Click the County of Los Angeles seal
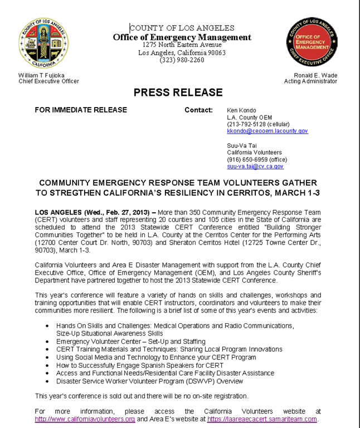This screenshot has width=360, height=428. click(43, 43)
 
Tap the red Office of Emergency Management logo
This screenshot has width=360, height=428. click(312, 42)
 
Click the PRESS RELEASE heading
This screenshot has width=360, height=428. click(178, 93)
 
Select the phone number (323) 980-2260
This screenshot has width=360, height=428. click(182, 60)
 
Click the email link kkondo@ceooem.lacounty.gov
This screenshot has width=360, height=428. click(267, 131)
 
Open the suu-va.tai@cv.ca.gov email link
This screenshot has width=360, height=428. click(255, 166)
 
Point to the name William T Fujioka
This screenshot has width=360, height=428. click(42, 75)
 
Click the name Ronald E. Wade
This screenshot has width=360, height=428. click(315, 75)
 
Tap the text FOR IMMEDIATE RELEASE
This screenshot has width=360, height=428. click(81, 110)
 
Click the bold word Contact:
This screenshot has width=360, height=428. click(198, 110)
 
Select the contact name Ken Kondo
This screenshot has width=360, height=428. click(241, 110)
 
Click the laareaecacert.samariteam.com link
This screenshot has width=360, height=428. click(262, 419)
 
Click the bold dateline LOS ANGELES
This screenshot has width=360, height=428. click(58, 213)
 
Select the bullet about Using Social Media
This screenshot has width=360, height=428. click(156, 357)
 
